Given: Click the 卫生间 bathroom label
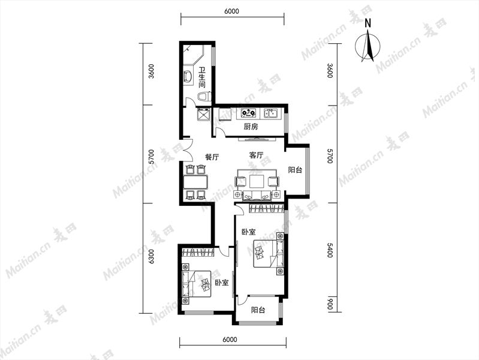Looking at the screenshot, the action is pos(202,77).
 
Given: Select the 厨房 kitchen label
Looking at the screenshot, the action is pos(251,127).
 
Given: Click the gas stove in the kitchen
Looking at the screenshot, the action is pos(248,113).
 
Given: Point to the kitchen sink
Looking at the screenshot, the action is pos(270,113).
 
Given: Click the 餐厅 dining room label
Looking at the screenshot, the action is pos(212,157).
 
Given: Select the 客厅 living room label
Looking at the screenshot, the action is pos(256,155).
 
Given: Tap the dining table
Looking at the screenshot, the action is pos(195,182).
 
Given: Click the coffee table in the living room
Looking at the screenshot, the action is pos(257,181).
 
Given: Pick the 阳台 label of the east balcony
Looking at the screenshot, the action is pos(295,170).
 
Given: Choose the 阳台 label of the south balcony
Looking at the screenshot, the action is pos(258,310).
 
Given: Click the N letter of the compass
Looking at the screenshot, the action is pos(368,23).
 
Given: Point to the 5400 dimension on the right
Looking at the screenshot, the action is pos(330,250).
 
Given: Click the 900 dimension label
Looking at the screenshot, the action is pos(330,304).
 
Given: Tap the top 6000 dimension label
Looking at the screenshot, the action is pos(231,11).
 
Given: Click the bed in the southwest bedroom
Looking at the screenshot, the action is pos(196,284).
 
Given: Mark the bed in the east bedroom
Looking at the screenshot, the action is pos(269,254).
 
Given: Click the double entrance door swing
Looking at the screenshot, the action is pos(187,150).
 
